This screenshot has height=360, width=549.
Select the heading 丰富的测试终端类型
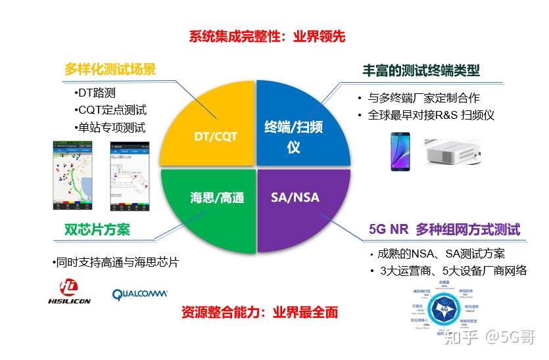[421, 70]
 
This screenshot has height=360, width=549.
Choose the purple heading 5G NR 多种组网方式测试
[444, 229]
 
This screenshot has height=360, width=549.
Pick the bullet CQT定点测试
[110, 110]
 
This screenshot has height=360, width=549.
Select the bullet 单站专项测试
[110, 127]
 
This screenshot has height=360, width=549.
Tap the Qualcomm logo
[140, 294]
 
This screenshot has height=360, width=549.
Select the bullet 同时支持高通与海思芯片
[116, 263]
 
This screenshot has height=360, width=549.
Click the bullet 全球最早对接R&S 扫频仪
[429, 115]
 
